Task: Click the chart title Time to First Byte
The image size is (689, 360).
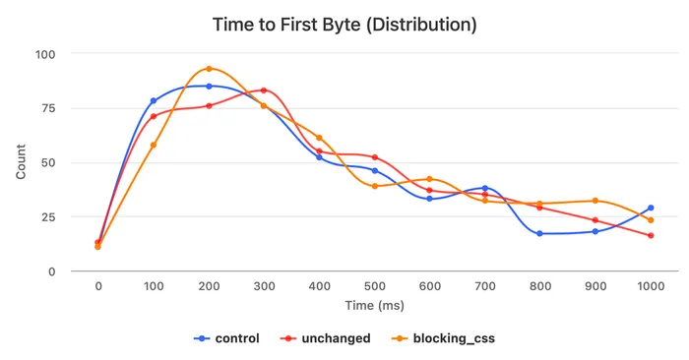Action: click(344, 25)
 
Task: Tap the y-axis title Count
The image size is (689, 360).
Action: click(22, 162)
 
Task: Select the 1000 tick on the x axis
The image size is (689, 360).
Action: click(651, 285)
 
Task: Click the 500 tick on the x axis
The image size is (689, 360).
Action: click(374, 285)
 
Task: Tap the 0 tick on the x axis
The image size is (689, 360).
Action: click(97, 285)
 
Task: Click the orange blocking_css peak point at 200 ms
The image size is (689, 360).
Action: click(209, 69)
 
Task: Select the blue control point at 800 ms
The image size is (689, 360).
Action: click(539, 233)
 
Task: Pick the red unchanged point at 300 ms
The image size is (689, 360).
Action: click(264, 90)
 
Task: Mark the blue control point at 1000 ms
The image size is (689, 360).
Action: click(651, 208)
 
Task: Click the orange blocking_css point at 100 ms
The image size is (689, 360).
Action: click(154, 145)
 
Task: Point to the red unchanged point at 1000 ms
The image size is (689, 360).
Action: click(651, 235)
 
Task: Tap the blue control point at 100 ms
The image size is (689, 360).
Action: click(154, 101)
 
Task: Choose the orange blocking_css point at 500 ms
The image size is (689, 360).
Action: click(375, 186)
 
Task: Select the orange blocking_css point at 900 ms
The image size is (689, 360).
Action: click(595, 201)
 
